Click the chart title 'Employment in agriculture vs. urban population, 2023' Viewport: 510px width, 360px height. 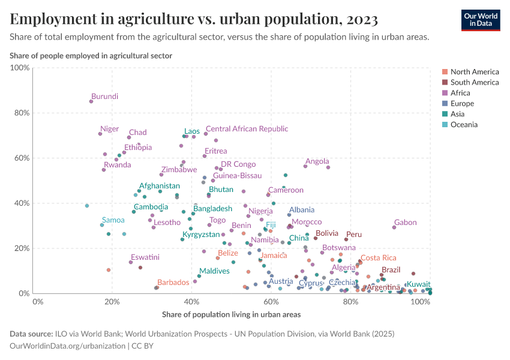(194, 19)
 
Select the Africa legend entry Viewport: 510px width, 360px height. (460, 93)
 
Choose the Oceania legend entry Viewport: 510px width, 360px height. (464, 125)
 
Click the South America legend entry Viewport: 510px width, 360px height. (474, 82)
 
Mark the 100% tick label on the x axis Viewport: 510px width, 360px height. (420, 302)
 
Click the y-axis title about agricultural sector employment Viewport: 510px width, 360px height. (91, 56)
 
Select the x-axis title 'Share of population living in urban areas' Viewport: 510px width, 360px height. (231, 314)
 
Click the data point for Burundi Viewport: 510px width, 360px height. (91, 101)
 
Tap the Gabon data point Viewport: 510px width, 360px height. (394, 227)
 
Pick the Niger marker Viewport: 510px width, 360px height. (100, 134)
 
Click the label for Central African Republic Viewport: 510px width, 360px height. (247, 129)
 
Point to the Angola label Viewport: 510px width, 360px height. (317, 161)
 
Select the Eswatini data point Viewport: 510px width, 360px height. (131, 262)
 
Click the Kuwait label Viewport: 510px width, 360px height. (418, 284)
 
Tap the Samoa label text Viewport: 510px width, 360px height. (113, 220)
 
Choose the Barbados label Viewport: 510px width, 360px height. (173, 282)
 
